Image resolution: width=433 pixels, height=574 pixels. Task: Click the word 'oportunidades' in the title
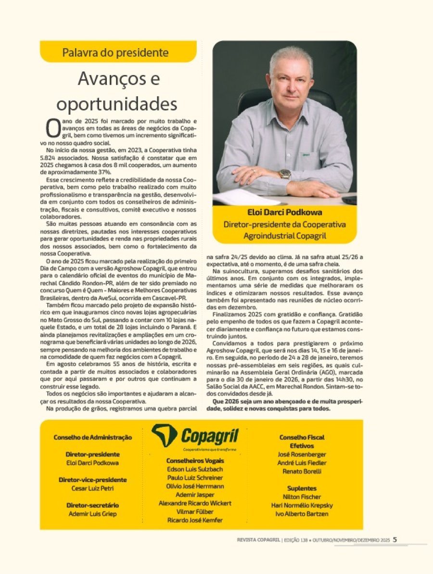117,103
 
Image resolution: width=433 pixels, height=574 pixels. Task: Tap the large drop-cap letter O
52,128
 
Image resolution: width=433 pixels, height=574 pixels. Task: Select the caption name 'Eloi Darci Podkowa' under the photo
284,212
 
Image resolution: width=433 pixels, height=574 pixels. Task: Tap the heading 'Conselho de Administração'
93,437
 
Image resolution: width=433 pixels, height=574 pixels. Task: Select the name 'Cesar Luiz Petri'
93,488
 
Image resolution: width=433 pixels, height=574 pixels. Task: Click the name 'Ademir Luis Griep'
93,514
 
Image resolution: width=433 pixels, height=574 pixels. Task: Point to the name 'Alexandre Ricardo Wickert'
195,503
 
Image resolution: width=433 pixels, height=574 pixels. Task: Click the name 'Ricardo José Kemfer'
195,521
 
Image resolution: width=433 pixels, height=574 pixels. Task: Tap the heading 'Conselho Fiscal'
302,437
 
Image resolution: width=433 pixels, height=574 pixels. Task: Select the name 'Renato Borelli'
302,471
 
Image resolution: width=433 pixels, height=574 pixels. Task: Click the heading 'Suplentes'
302,488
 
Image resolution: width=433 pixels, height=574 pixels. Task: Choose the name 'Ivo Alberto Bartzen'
302,514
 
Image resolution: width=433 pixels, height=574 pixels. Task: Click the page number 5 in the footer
395,540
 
